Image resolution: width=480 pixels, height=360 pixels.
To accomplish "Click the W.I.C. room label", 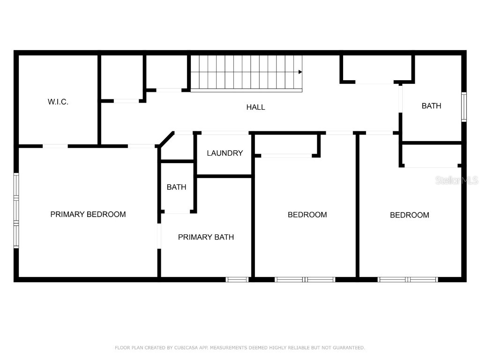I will click(58, 102).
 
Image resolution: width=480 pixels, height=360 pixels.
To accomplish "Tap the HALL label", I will click(255, 107).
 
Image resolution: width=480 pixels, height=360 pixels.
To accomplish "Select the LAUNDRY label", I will click(225, 153).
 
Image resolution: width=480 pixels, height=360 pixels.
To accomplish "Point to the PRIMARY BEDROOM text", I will click(88, 214).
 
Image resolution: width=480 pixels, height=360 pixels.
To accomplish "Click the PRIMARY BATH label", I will click(206, 237).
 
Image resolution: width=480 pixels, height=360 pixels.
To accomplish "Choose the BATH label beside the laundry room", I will click(176, 187).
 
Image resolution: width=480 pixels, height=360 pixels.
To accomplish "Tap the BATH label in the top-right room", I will click(431, 106).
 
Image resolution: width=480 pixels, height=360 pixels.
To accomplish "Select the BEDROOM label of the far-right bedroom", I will click(409, 215).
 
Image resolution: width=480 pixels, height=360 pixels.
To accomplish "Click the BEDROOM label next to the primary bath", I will click(307, 215).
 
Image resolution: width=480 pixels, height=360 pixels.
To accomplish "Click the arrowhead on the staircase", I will click(300, 72).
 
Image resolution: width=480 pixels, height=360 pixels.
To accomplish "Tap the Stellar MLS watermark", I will click(456, 180).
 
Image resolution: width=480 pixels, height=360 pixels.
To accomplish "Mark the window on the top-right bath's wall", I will click(464, 107).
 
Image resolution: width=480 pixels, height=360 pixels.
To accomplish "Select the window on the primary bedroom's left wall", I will click(16, 210).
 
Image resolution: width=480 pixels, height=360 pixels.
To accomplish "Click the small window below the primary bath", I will click(237, 279).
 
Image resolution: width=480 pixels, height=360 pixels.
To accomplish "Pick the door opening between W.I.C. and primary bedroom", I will click(55, 146).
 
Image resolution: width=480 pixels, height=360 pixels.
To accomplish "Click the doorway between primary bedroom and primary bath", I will click(159, 236).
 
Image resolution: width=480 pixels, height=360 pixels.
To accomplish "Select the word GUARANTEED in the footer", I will click(347, 348).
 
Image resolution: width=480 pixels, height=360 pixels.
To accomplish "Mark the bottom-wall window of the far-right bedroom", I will click(408, 279).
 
